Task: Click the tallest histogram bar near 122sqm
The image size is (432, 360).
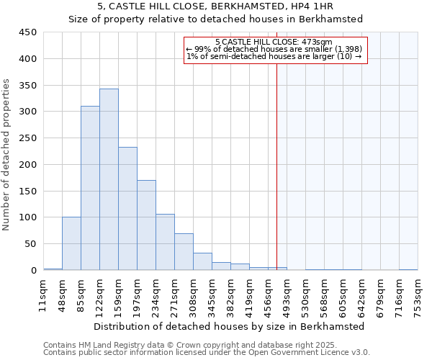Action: (109, 180)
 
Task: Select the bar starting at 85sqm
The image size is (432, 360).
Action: (90, 189)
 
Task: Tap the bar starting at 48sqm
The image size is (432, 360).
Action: (71, 243)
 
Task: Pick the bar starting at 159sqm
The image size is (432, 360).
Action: (127, 209)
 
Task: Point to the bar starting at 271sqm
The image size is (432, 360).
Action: (184, 252)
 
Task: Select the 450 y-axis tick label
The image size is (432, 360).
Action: (27, 32)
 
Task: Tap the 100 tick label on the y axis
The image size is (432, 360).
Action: (27, 217)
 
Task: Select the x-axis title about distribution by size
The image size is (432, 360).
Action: (229, 326)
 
